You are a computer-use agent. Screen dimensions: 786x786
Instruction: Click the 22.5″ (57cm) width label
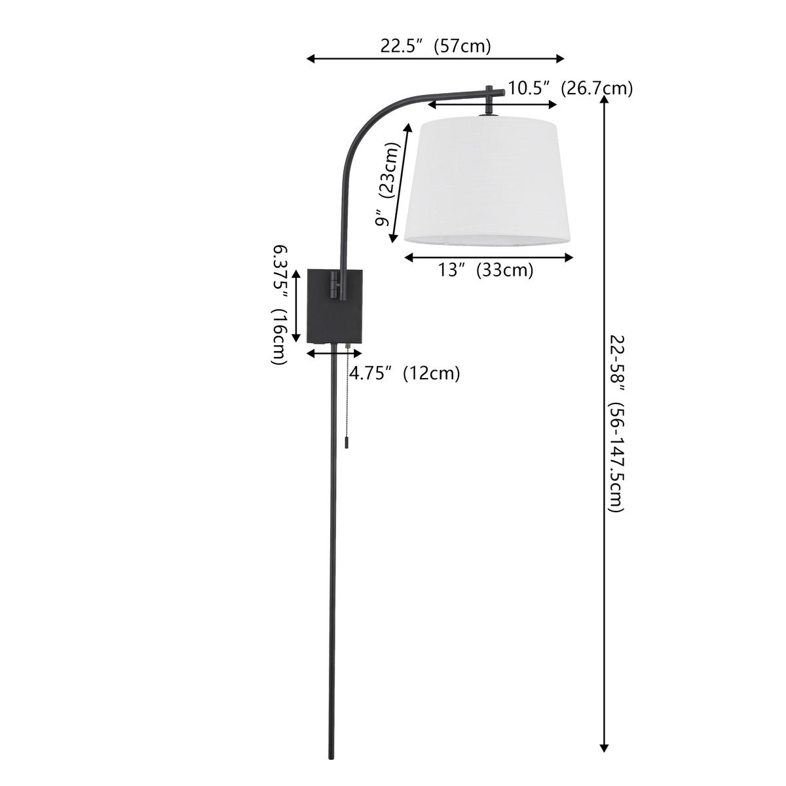click(x=436, y=46)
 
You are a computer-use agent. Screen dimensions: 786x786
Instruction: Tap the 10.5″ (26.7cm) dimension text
click(x=570, y=88)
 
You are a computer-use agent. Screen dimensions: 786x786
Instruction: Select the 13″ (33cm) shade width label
click(x=485, y=270)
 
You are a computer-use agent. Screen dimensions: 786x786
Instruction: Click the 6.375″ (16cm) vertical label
click(x=280, y=304)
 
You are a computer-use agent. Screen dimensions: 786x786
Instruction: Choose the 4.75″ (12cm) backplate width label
click(x=405, y=373)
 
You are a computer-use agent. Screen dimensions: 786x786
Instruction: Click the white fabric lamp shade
click(x=487, y=181)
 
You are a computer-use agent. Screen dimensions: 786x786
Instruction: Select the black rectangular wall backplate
click(x=335, y=305)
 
